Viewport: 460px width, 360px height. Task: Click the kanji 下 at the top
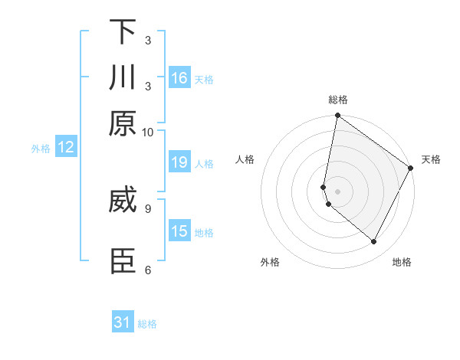[123, 32]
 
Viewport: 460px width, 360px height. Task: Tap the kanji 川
[123, 78]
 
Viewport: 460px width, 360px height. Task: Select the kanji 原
[123, 123]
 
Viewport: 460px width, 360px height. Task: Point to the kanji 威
[123, 201]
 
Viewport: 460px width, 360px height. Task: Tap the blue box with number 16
[179, 78]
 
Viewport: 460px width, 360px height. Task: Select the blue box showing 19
[179, 162]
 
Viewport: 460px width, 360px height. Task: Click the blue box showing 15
[179, 231]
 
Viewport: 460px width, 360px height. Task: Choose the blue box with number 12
[66, 147]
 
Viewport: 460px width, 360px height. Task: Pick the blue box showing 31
[123, 322]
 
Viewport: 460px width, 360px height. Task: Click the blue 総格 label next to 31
[147, 324]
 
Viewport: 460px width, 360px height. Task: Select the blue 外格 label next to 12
[41, 149]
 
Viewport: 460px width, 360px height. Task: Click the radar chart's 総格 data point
[337, 116]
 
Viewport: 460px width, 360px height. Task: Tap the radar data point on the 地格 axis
[374, 242]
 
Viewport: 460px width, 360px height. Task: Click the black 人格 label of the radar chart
[245, 159]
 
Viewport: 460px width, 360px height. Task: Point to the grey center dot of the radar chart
[337, 191]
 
